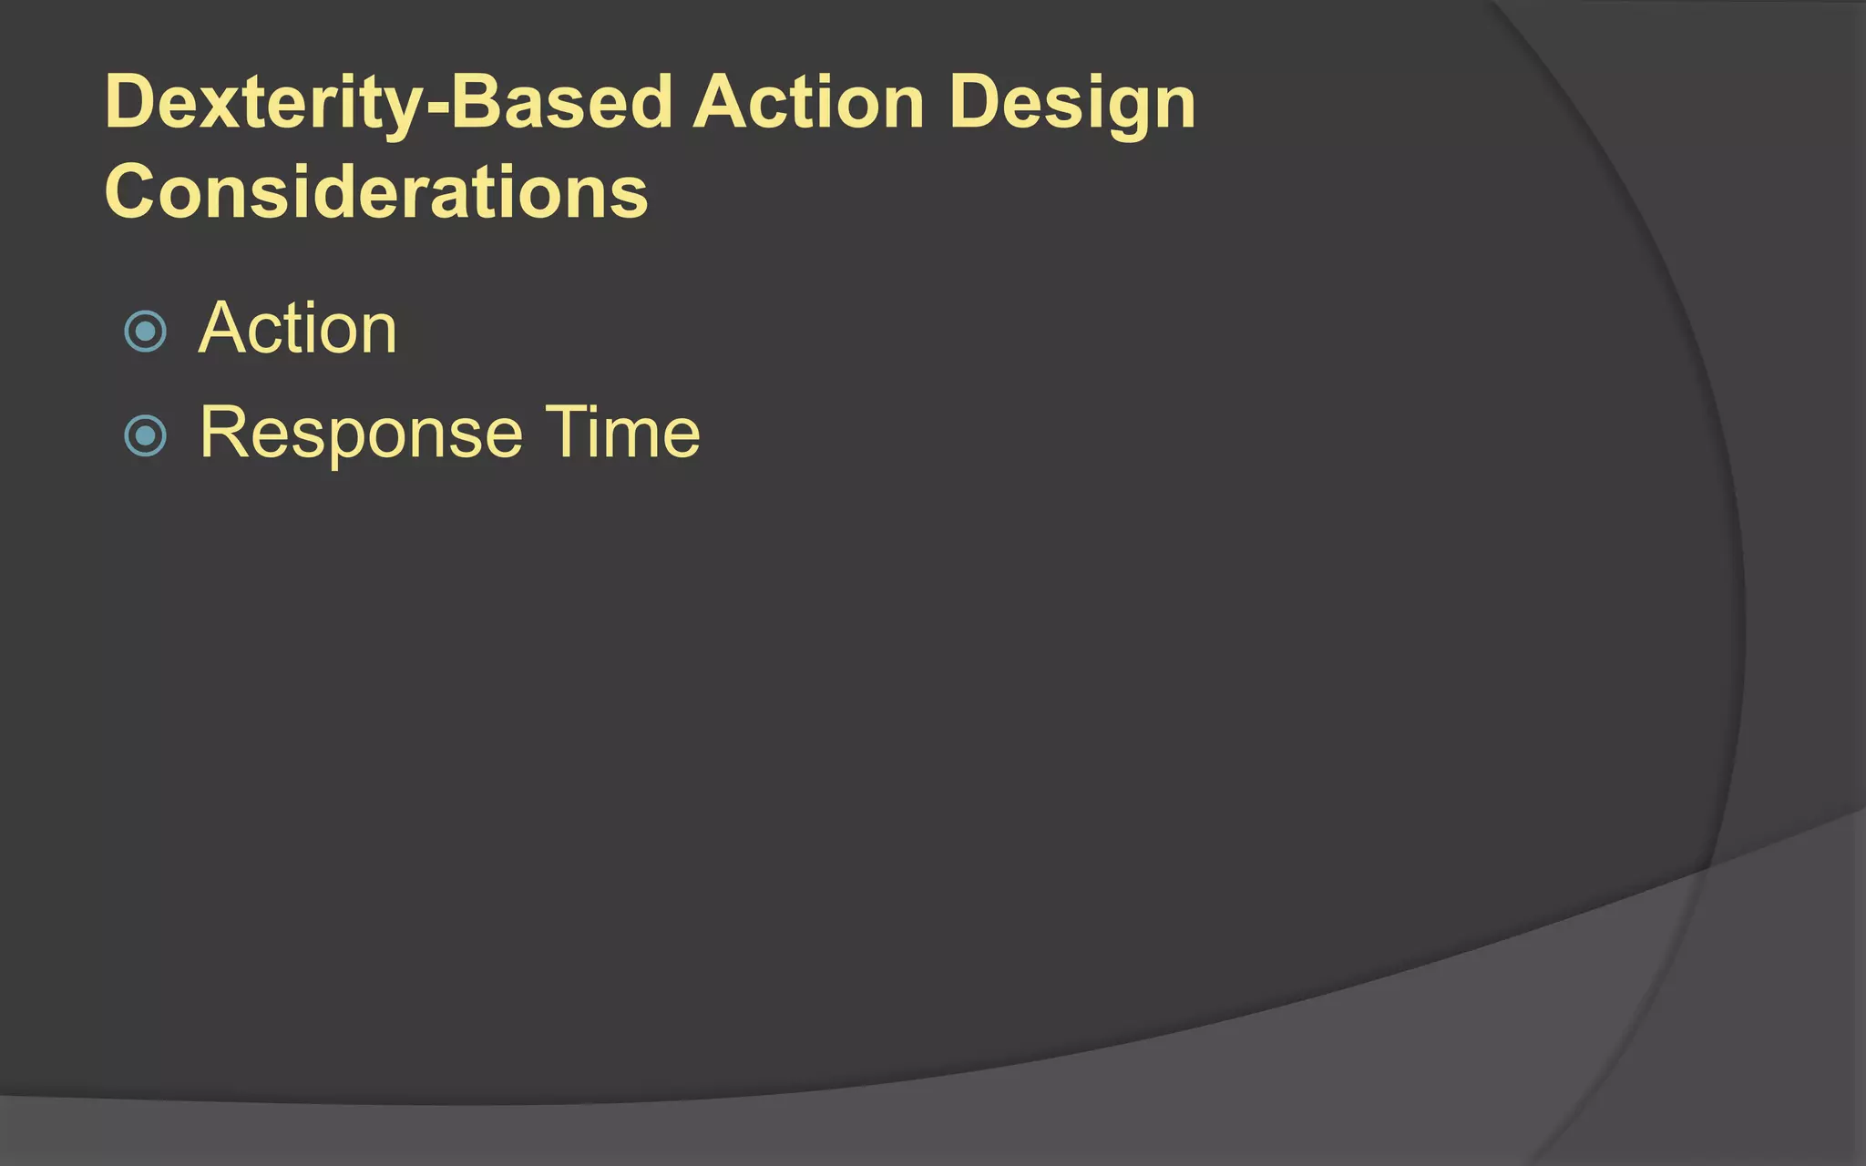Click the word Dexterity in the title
point(262,103)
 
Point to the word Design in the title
point(1071,103)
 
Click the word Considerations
point(376,192)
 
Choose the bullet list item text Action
point(298,329)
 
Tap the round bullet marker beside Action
point(145,332)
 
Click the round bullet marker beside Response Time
point(145,435)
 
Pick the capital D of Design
point(975,103)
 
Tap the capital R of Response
point(223,433)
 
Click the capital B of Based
point(479,103)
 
